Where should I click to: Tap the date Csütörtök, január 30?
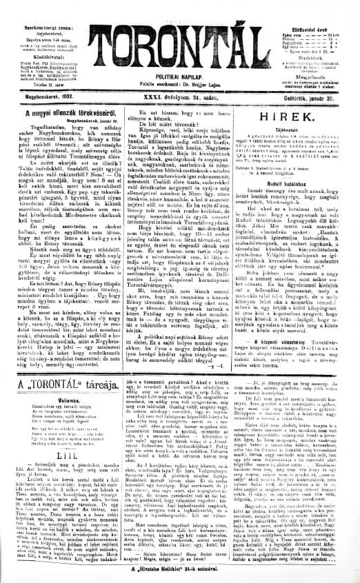coord(327,97)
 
